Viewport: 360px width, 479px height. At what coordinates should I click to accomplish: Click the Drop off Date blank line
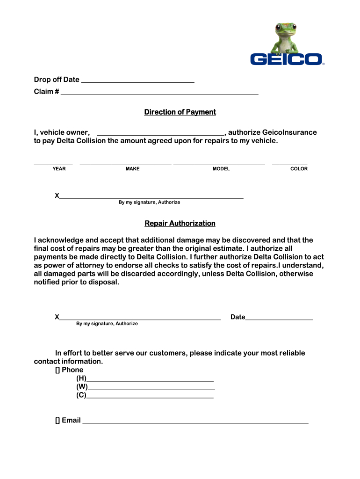[137, 82]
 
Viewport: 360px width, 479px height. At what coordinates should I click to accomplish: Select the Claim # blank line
[159, 94]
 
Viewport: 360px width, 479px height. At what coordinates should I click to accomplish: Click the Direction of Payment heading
[180, 112]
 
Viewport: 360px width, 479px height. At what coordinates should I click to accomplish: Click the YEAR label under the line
[59, 169]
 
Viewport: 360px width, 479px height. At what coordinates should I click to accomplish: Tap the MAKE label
[132, 169]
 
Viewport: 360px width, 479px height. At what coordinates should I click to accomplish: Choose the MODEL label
[221, 169]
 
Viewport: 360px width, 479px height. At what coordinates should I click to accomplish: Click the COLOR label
[299, 169]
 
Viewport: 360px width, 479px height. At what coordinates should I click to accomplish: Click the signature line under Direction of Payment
[151, 197]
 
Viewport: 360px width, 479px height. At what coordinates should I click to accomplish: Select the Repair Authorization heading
[180, 224]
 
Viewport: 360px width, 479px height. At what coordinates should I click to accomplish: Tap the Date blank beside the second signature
[279, 319]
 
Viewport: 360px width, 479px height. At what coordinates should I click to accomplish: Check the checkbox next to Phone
[58, 370]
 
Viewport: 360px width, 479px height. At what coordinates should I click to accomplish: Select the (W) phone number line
[151, 389]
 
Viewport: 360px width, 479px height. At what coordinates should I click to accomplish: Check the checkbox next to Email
[58, 421]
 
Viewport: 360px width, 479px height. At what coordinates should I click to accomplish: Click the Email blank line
[195, 422]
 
